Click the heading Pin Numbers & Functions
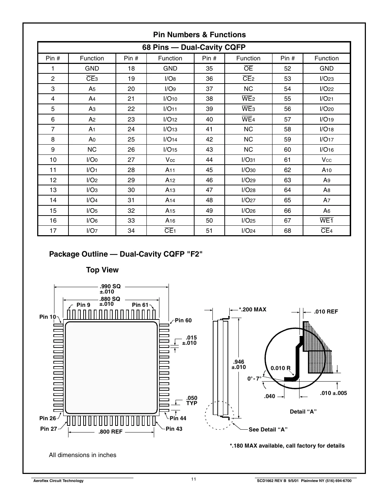point(199,35)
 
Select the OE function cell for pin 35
point(248,68)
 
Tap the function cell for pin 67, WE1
point(326,220)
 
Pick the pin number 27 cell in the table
point(131,160)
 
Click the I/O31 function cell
point(248,160)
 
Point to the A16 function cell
point(170,220)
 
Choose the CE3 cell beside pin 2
point(92,79)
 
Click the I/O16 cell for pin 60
point(326,150)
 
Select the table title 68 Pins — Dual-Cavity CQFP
point(194,47)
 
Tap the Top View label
point(102,270)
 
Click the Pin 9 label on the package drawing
point(83,305)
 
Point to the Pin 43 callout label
point(174,429)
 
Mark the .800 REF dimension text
point(110,432)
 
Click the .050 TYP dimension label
point(192,401)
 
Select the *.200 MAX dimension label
point(252,310)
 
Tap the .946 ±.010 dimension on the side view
point(238,364)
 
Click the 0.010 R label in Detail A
point(280,368)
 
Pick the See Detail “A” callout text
point(268,430)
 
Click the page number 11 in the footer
point(193,480)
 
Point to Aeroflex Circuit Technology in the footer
point(58,481)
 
